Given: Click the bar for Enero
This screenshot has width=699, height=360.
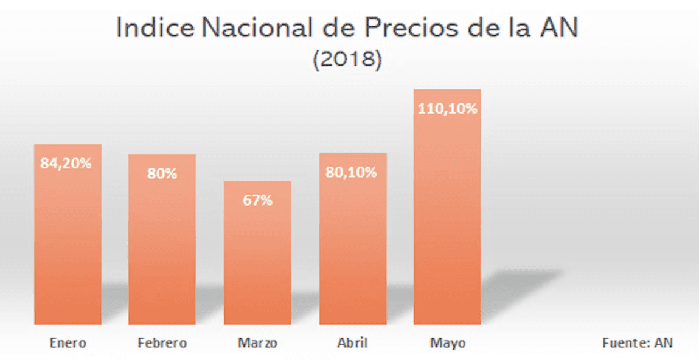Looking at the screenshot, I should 68,243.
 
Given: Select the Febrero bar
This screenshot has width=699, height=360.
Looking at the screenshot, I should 162,249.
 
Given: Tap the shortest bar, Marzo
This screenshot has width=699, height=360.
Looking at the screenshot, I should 257,261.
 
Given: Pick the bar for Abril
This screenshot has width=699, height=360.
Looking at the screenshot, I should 353,249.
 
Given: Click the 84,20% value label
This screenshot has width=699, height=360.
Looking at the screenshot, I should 66,163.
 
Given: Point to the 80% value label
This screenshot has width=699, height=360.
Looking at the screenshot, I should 162,173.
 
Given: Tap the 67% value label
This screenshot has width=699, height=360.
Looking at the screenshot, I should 258,200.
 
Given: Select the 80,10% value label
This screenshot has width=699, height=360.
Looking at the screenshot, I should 351,172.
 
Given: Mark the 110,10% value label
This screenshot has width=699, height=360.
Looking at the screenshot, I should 447,110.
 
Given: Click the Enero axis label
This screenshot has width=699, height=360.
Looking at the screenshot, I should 68,343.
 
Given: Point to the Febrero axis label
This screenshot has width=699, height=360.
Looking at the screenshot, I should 162,343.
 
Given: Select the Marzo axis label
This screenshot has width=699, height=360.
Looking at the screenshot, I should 257,343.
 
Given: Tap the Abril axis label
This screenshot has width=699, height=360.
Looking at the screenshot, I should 353,343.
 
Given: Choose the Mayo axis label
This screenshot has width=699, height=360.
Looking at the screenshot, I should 447,343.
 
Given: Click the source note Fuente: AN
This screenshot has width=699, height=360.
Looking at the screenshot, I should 638,342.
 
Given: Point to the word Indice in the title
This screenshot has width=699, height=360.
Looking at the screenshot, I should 155,29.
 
